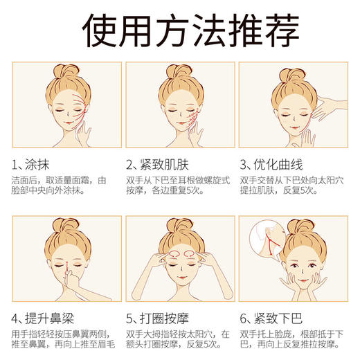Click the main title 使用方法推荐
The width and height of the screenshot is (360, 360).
[x=180, y=29]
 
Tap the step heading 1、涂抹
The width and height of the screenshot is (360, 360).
[x=35, y=165]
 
